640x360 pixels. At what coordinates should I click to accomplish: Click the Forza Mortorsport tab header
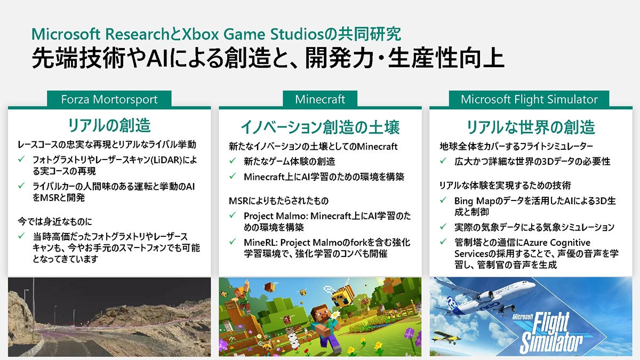(x=109, y=99)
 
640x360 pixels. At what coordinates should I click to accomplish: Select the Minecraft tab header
(x=320, y=99)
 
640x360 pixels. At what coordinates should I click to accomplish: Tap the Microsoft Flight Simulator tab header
(x=529, y=99)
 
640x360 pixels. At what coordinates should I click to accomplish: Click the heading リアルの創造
(x=109, y=125)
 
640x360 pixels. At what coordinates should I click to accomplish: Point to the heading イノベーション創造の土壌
(x=321, y=127)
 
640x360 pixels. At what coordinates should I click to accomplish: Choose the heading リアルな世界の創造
(x=531, y=127)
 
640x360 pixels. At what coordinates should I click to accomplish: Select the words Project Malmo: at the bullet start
(x=276, y=217)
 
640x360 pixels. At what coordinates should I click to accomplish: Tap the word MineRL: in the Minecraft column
(x=261, y=243)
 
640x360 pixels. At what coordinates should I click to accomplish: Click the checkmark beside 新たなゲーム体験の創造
(x=233, y=161)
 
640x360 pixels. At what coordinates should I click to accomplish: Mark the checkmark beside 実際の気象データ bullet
(x=443, y=227)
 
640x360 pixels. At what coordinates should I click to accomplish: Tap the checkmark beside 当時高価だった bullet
(x=21, y=236)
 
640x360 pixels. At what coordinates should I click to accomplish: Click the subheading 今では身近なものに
(x=55, y=221)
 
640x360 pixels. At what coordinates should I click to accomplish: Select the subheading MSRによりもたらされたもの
(x=278, y=201)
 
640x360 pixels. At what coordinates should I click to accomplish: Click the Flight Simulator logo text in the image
(x=547, y=333)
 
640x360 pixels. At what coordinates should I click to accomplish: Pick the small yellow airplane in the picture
(x=446, y=338)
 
